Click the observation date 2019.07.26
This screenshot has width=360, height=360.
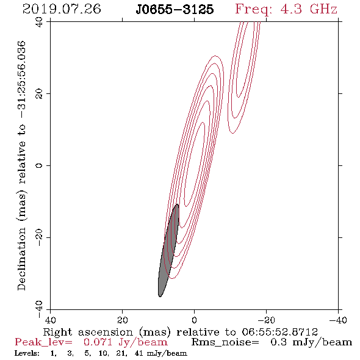pyautogui.click(x=62, y=9)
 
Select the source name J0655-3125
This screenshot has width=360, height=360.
pyautogui.click(x=175, y=9)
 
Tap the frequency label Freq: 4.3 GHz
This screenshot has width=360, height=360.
pyautogui.click(x=286, y=10)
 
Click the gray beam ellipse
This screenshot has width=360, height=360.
pyautogui.click(x=168, y=250)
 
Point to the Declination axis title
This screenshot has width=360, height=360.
pyautogui.click(x=21, y=166)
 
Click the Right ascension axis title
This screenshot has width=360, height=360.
pyautogui.click(x=180, y=332)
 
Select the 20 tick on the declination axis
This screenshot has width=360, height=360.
pyautogui.click(x=39, y=94)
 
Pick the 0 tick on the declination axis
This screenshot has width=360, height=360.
pyautogui.click(x=39, y=165)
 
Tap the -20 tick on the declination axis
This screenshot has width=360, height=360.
pyautogui.click(x=39, y=237)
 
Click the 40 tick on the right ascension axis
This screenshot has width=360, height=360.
pyautogui.click(x=50, y=320)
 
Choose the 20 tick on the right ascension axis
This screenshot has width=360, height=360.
pyautogui.click(x=122, y=320)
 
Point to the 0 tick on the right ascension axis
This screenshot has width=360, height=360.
pyautogui.click(x=194, y=320)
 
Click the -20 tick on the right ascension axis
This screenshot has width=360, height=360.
pyautogui.click(x=266, y=320)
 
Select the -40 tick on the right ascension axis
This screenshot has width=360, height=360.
pyautogui.click(x=338, y=320)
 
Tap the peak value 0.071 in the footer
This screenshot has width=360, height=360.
pyautogui.click(x=98, y=342)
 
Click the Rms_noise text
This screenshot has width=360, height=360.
pyautogui.click(x=225, y=342)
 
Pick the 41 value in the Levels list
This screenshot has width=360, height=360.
pyautogui.click(x=139, y=353)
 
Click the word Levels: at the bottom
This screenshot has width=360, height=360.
pyautogui.click(x=27, y=353)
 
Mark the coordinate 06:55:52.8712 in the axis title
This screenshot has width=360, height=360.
pyautogui.click(x=279, y=332)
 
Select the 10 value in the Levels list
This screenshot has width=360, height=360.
pyautogui.click(x=103, y=353)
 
